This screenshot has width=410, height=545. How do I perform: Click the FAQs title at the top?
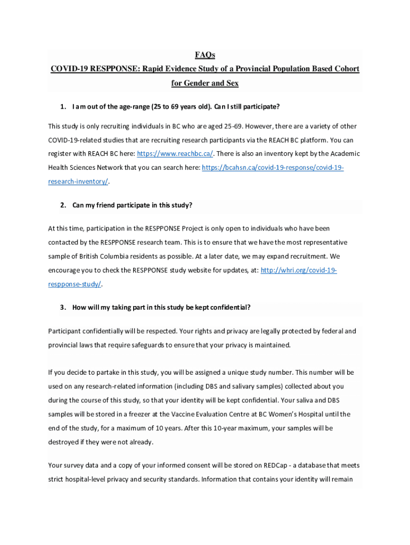pos(205,55)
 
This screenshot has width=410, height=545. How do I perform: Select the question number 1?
pos(63,107)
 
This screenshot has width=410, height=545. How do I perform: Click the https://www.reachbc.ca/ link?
pos(175,154)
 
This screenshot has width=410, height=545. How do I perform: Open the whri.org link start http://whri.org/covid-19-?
pos(299,270)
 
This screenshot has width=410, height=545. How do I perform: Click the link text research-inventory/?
pos(78,181)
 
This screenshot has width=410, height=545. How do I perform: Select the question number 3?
pos(63,308)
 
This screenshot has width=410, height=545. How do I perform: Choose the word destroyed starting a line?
pos(65,442)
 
